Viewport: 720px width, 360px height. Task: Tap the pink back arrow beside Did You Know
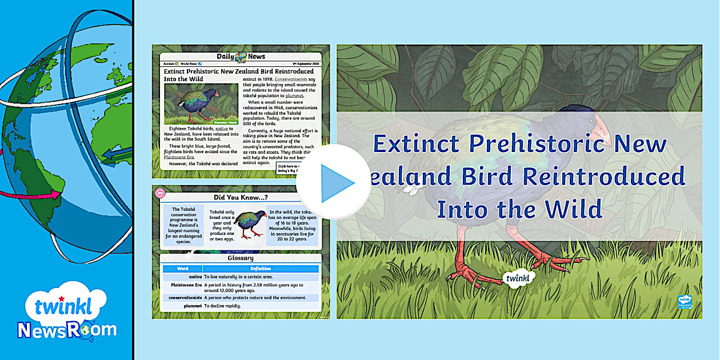(x=159, y=193)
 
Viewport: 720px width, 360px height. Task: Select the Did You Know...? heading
(x=241, y=198)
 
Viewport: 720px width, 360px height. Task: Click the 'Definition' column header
(x=261, y=269)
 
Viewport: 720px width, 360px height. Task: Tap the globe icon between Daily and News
(x=241, y=57)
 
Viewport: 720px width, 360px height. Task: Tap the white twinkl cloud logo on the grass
(x=519, y=278)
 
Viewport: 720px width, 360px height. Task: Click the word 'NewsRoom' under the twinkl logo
(x=67, y=330)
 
